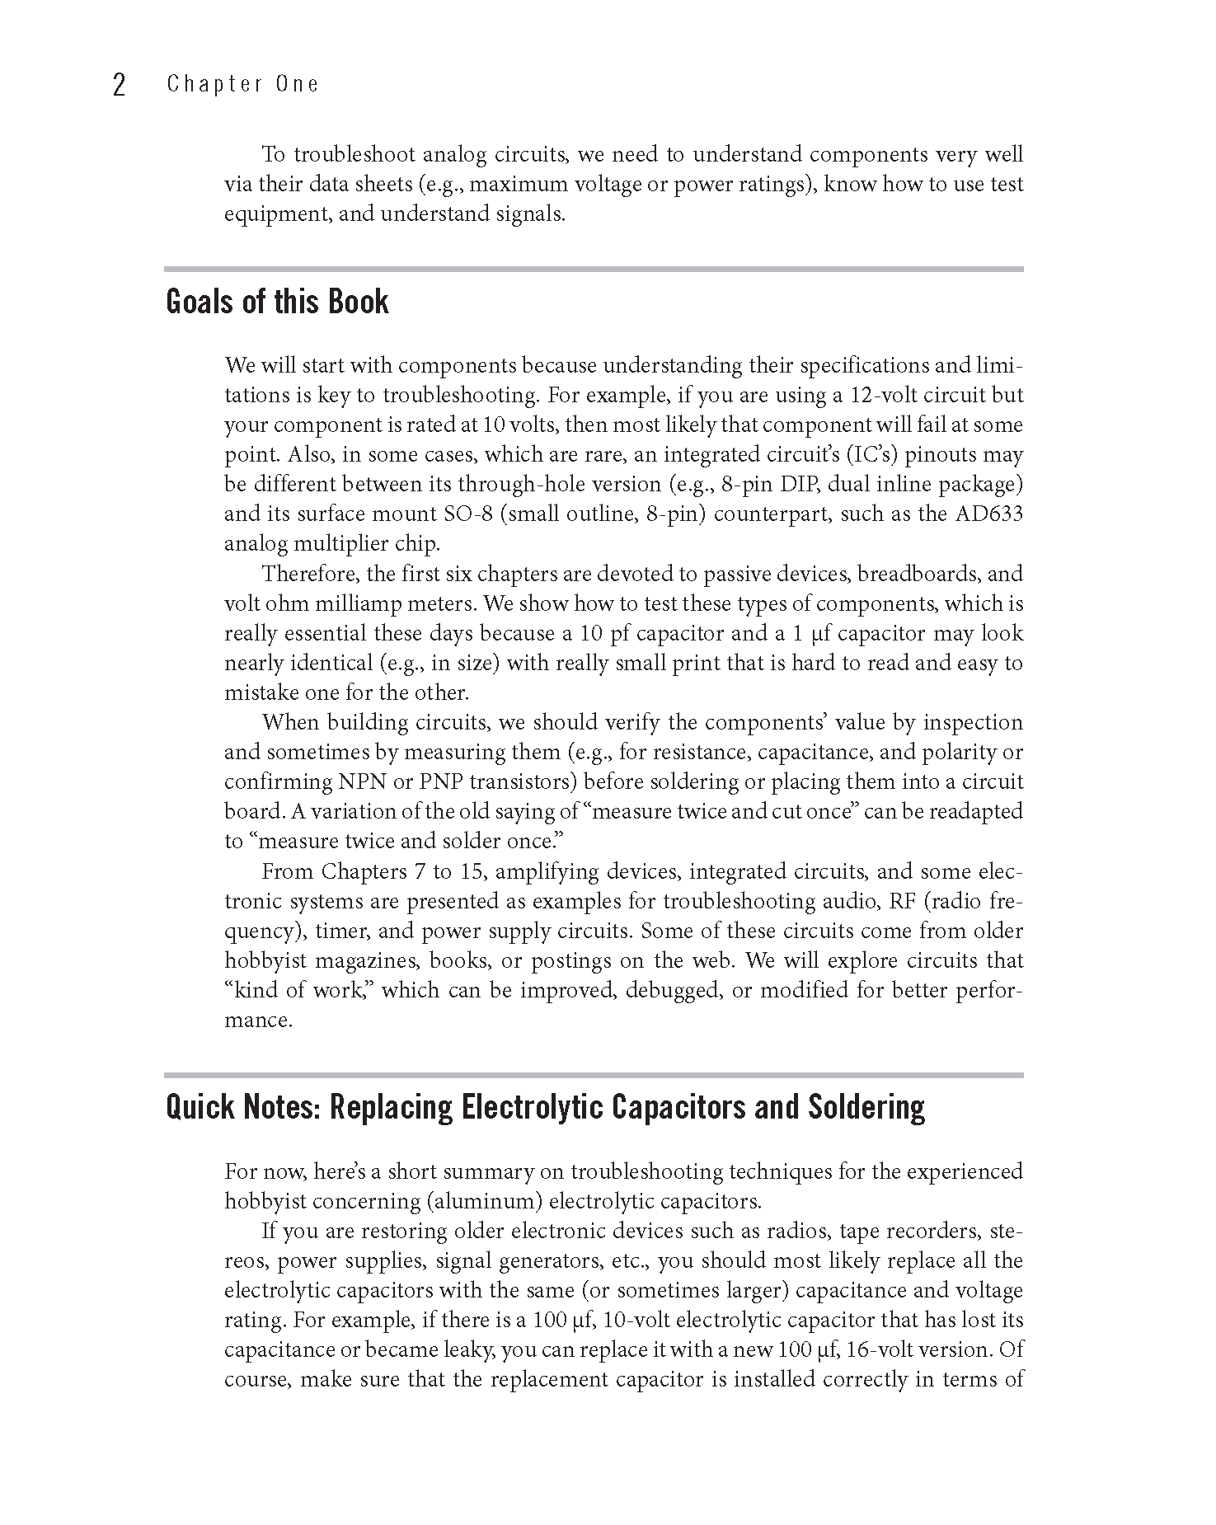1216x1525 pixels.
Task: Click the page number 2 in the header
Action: click(x=119, y=85)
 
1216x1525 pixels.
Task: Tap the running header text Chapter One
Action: click(x=242, y=84)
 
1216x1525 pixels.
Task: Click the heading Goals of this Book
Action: click(x=277, y=302)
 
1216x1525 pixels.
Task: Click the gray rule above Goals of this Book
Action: click(x=594, y=269)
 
